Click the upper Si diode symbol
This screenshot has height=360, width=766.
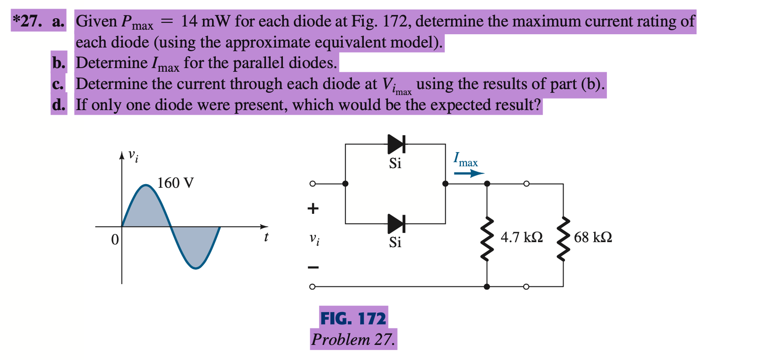click(396, 144)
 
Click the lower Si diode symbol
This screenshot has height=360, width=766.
click(396, 223)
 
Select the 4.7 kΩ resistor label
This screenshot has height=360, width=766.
click(521, 237)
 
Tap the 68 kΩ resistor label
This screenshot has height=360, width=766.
click(593, 237)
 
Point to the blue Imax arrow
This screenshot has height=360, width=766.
click(468, 173)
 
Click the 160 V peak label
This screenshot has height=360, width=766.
click(176, 183)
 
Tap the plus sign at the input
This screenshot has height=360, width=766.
click(313, 209)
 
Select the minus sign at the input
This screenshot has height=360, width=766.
click(313, 267)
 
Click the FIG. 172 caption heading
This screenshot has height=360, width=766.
click(353, 318)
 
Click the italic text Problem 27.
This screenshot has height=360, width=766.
click(353, 339)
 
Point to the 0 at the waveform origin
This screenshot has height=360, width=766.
click(115, 239)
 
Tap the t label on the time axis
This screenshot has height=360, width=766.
click(266, 237)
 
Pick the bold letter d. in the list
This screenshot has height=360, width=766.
click(59, 105)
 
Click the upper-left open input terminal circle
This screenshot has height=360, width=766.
click(312, 184)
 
